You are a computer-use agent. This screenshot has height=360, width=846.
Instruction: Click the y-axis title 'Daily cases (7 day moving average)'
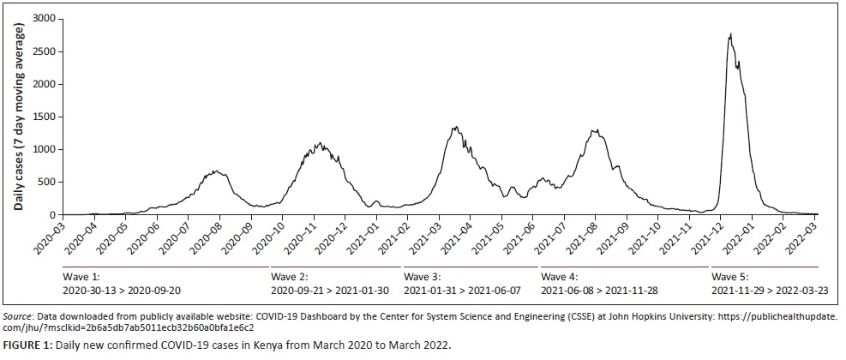click(18, 117)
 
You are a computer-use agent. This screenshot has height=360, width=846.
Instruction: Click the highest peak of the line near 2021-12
click(729, 34)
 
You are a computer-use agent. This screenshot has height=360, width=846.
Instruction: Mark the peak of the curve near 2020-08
click(218, 171)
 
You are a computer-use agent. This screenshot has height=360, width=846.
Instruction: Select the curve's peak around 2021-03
click(455, 128)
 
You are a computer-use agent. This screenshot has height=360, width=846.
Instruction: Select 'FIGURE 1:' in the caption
click(27, 345)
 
